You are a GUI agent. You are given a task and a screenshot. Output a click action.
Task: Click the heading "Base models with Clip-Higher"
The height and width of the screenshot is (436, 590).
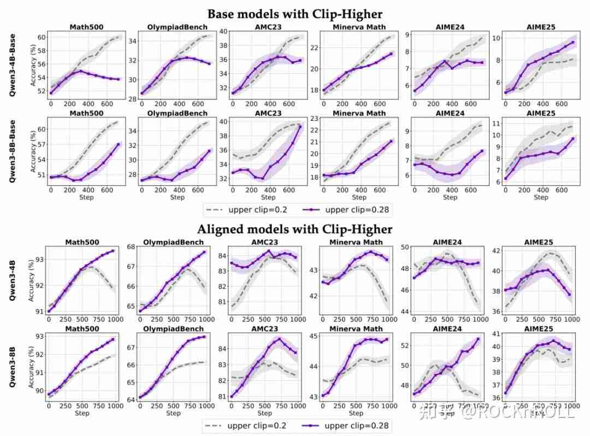point(294,13)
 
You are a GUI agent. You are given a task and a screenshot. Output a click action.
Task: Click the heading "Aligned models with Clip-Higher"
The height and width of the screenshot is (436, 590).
point(294,228)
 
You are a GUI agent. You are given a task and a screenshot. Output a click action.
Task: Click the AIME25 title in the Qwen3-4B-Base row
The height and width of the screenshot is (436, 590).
point(541,27)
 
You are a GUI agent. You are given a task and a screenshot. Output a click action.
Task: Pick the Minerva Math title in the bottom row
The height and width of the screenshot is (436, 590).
point(357,329)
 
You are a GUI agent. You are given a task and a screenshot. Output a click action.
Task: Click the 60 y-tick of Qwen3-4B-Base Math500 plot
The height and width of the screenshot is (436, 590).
point(40,37)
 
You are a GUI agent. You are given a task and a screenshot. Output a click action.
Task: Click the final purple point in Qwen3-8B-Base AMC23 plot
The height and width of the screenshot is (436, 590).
point(300,127)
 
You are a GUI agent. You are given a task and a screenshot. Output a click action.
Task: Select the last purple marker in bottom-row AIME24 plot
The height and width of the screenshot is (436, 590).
point(478,339)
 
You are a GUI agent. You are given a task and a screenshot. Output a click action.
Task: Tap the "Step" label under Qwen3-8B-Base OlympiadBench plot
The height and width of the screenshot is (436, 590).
point(176,197)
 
